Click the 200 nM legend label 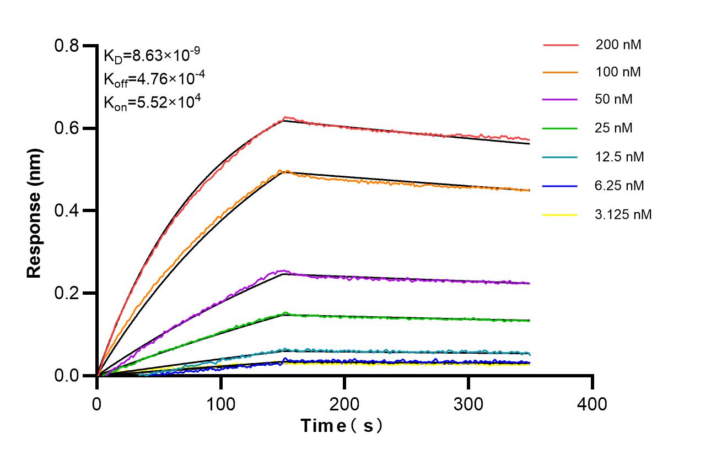coord(618,45)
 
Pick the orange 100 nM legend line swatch coord(560,72)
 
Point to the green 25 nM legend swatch coord(560,128)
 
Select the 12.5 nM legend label coord(620,157)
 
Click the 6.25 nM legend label coord(620,186)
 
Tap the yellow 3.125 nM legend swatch coord(560,214)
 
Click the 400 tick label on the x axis coord(592,404)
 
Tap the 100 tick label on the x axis coord(220,404)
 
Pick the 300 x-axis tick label coord(468,404)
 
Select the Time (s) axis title coord(341,426)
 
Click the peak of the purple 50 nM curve coord(283,270)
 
